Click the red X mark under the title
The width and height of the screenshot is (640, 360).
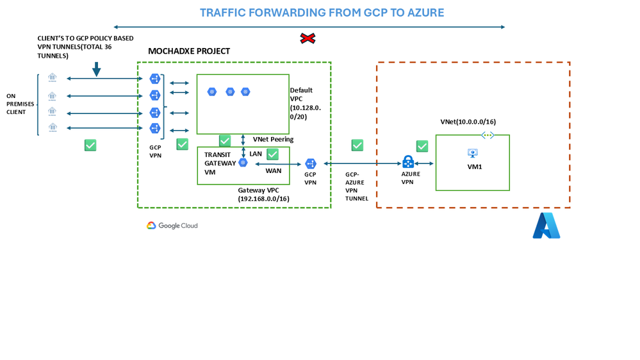point(308,39)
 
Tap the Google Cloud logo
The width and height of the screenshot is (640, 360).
point(172,225)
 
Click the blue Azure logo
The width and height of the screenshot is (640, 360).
point(546,225)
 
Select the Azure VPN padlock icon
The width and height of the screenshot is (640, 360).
point(408,162)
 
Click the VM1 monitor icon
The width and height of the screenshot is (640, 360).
point(473,154)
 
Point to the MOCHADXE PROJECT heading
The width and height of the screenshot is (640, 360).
point(189,51)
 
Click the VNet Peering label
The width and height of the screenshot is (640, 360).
point(273,139)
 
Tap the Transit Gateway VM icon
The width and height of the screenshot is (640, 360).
point(243,163)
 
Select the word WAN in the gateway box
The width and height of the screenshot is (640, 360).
point(274,171)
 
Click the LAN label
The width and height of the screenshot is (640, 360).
point(256,154)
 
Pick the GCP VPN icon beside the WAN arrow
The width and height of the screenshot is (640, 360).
point(311,164)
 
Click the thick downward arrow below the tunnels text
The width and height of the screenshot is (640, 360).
point(96,69)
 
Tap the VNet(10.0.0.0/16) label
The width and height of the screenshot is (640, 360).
point(468,122)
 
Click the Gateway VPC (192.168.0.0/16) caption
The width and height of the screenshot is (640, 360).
point(263,195)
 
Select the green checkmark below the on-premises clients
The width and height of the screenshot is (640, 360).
point(90,145)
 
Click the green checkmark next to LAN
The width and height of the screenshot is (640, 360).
point(272,154)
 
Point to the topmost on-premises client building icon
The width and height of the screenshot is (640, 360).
point(53,78)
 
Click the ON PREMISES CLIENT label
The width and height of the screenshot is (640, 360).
point(16,104)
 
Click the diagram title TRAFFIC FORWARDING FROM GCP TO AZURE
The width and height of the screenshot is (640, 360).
point(322,13)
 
